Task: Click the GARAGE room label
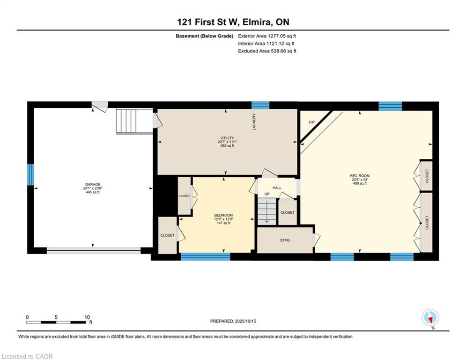pos(93,185)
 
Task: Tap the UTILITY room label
pos(227,138)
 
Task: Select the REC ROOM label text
pos(360,176)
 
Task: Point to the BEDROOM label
pos(223,216)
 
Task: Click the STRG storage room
pos(285,240)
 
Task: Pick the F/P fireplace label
pos(312,122)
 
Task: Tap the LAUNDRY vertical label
pos(254,122)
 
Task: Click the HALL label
pos(277,188)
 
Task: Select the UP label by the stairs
pos(267,194)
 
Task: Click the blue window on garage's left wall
pos(30,175)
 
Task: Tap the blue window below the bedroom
pos(205,256)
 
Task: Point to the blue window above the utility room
pos(260,105)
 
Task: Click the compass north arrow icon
pos(430,318)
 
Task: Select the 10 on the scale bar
pos(87,317)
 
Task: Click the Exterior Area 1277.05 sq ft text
pos(267,36)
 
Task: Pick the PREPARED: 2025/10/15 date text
pos(233,321)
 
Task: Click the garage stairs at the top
pos(134,121)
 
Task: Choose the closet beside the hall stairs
pos(288,212)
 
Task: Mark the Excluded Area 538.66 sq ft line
pos(267,51)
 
